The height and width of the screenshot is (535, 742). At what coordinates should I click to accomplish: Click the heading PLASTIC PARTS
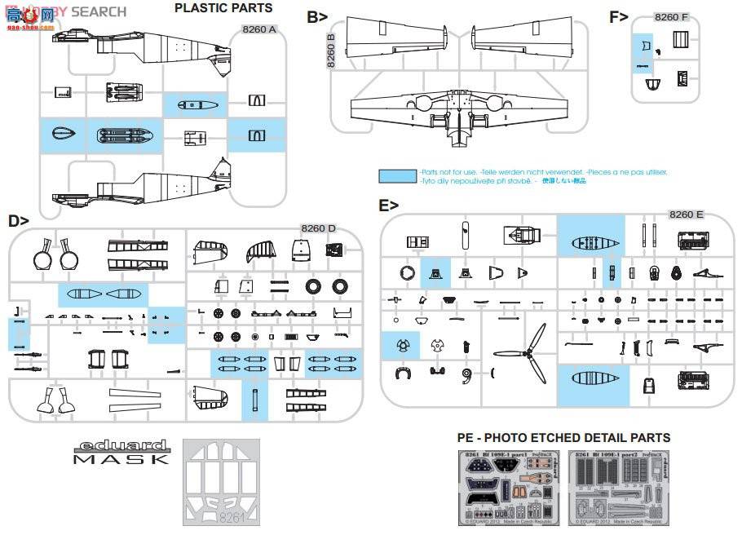(x=223, y=9)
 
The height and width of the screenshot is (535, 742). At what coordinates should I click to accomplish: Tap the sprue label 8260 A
(x=259, y=29)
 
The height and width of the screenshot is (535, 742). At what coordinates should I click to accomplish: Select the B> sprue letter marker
(x=318, y=16)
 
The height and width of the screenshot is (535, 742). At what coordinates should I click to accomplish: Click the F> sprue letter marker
(x=620, y=16)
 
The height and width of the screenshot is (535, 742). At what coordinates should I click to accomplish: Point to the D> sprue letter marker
(x=19, y=220)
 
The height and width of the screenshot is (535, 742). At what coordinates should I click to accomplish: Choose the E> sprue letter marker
(x=389, y=206)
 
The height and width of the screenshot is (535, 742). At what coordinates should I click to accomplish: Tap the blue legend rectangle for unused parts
(x=398, y=176)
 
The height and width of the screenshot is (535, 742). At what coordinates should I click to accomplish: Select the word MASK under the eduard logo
(x=120, y=460)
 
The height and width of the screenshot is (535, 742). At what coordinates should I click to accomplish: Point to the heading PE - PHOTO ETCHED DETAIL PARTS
(x=564, y=439)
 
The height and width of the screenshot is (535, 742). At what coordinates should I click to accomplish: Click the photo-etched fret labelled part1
(x=509, y=487)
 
